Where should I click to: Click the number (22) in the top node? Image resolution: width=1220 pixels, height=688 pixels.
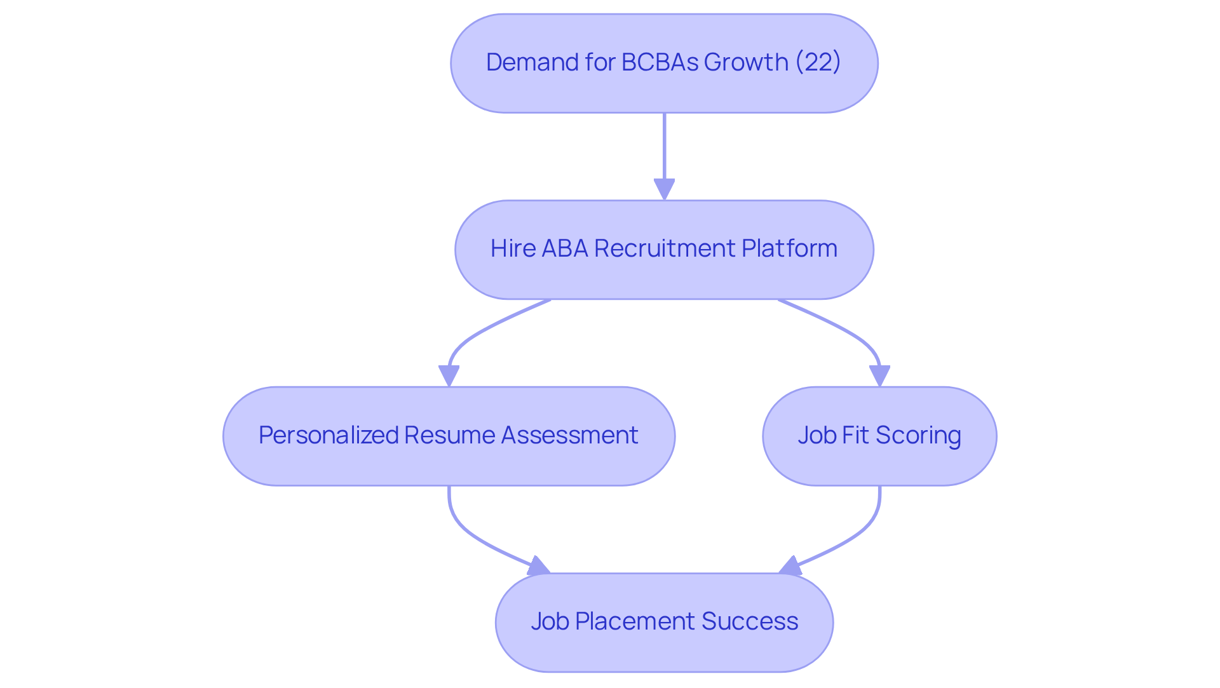click(x=818, y=62)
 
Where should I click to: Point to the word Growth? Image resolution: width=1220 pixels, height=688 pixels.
click(x=746, y=62)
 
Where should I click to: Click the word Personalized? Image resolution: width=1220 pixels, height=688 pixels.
click(x=328, y=435)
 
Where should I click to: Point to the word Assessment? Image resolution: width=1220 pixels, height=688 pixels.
click(x=569, y=435)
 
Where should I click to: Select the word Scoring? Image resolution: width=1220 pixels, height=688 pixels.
click(x=918, y=435)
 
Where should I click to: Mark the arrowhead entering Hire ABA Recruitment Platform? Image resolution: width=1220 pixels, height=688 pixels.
click(x=664, y=189)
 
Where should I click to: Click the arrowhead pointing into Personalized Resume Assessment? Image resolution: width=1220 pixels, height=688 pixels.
click(x=449, y=375)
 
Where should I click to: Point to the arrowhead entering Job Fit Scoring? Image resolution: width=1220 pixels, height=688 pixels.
click(x=879, y=375)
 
